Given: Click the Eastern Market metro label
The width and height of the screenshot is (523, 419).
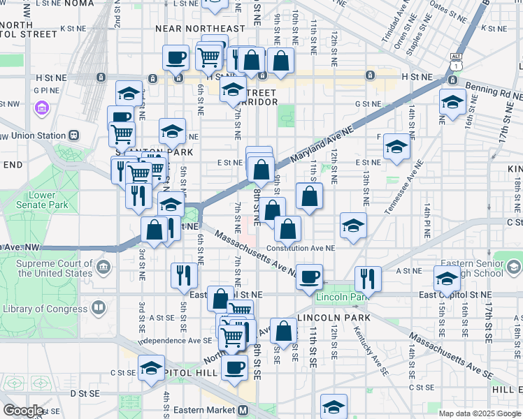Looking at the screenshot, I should coord(209,410).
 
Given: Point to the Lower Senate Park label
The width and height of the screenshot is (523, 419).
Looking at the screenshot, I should coord(48,200).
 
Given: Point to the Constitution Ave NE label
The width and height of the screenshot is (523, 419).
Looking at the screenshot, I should coord(306,249).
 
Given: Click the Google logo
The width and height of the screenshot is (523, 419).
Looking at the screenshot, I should coord(22,411).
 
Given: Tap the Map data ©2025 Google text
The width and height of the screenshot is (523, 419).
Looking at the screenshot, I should coord(479,413).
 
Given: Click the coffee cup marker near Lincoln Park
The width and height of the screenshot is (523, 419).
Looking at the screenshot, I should coord(308,275).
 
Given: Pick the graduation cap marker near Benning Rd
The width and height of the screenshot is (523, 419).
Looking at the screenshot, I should coord(452,101).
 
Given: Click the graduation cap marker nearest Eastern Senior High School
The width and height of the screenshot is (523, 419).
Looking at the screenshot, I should coord(447,279).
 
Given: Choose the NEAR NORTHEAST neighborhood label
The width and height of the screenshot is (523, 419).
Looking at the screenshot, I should coord(201,29).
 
